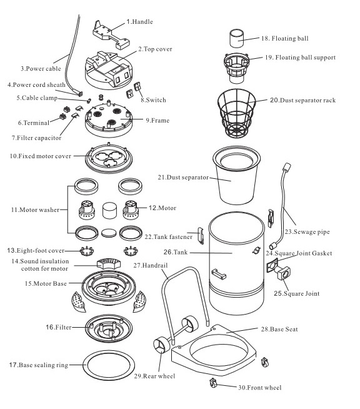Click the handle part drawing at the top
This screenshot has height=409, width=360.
[x=111, y=35]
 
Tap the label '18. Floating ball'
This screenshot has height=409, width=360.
[x=284, y=39]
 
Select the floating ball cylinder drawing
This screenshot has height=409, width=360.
[x=237, y=38]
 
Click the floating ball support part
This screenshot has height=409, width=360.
[x=237, y=68]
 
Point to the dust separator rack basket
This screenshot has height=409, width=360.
[x=236, y=113]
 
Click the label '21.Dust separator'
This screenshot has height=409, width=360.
[x=183, y=178]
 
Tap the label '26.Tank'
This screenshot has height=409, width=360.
[x=176, y=252]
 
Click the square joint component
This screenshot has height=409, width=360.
[x=284, y=273]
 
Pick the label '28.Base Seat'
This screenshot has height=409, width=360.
[x=279, y=329]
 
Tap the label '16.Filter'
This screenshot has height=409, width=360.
[x=58, y=327]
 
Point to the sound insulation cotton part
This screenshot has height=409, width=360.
[x=109, y=264]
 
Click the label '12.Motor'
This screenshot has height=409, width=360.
[x=162, y=208]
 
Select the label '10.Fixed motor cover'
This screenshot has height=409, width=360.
[x=41, y=156]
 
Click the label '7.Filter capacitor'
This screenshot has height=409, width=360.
[x=36, y=138]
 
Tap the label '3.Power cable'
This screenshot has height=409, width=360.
[x=41, y=69]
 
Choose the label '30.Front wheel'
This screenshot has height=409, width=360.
[x=260, y=388]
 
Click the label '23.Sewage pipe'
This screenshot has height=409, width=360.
[x=307, y=232]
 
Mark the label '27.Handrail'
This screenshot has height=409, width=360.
[x=151, y=266]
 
